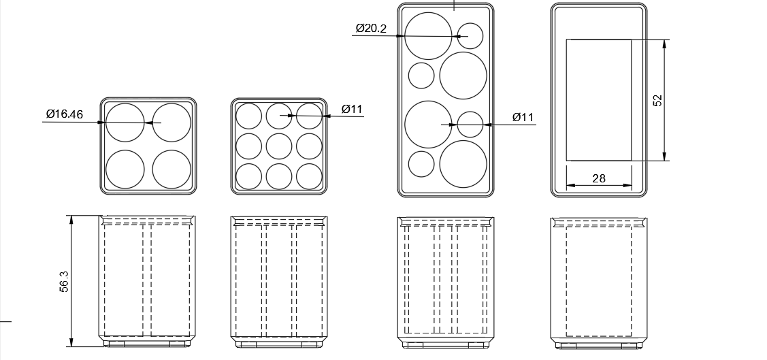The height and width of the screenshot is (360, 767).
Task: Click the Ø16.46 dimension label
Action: [64, 114]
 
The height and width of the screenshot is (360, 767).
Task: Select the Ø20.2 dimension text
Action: [371, 28]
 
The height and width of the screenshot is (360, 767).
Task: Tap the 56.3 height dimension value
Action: [64, 282]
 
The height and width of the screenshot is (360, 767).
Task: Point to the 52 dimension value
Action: [657, 100]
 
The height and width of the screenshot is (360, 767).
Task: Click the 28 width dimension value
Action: [599, 178]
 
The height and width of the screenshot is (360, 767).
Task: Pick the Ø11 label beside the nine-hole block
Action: [352, 109]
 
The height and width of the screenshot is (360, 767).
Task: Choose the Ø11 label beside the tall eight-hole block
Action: [523, 117]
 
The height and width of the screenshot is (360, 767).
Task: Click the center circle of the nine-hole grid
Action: [279, 146]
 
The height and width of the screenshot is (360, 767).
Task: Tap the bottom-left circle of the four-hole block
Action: [125, 169]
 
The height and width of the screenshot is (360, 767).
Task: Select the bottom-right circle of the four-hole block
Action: [172, 169]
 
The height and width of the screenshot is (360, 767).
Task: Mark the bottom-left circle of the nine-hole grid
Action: [249, 176]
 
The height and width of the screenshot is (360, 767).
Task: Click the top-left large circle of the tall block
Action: [428, 35]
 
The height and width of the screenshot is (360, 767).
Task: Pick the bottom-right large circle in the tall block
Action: [463, 164]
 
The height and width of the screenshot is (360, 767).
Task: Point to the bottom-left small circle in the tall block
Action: [421, 164]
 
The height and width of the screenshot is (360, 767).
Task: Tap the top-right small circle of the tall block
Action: [470, 35]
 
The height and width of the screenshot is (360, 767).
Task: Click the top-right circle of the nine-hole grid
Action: [309, 116]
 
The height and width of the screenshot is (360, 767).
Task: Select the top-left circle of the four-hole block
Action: [125, 122]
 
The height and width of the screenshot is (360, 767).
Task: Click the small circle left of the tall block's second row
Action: [421, 76]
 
